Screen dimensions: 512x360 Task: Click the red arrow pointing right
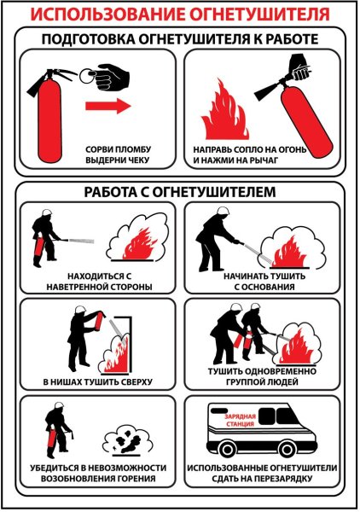pyautogui.click(x=107, y=106)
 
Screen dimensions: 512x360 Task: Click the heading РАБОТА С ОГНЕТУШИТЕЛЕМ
pyautogui.click(x=180, y=192)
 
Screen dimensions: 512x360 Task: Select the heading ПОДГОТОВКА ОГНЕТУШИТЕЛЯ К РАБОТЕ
pyautogui.click(x=180, y=39)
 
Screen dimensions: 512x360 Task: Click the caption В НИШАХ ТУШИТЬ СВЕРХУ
pyautogui.click(x=90, y=380)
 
